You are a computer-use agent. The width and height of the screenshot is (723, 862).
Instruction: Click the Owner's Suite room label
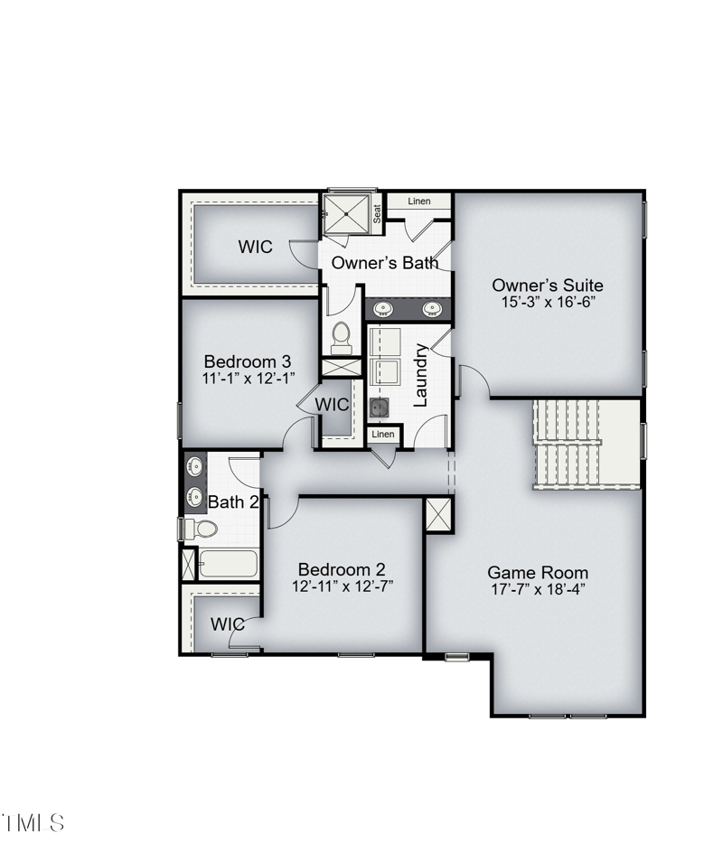[547, 286]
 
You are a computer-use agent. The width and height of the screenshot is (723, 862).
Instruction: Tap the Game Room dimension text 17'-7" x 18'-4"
[538, 589]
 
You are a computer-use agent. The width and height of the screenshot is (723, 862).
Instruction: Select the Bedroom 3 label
[248, 361]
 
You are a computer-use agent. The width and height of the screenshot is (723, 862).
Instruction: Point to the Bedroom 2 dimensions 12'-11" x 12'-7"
[343, 586]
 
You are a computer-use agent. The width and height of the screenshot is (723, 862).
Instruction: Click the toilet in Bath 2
[201, 529]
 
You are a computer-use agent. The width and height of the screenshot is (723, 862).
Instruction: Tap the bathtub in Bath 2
[228, 564]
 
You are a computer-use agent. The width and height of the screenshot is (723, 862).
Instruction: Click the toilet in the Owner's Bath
[342, 338]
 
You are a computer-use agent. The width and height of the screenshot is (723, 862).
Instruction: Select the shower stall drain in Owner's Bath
[346, 213]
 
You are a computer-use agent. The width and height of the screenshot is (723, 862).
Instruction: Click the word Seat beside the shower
[377, 214]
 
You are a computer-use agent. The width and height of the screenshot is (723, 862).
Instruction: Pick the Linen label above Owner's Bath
[419, 201]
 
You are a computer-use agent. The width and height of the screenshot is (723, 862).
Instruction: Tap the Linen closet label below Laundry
[383, 435]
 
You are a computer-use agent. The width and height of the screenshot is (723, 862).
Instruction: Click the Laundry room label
[420, 375]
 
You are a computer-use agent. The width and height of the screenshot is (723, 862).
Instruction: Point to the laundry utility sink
[379, 408]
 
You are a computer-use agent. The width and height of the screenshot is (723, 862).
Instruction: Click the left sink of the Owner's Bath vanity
[382, 309]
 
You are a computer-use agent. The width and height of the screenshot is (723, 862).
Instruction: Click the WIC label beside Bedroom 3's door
[332, 405]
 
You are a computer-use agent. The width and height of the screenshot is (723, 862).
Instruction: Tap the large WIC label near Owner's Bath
[255, 247]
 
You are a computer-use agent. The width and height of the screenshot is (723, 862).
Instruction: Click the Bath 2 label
[233, 501]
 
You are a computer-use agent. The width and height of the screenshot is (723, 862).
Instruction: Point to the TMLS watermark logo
[33, 823]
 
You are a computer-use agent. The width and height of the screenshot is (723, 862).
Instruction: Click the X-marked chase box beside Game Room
[438, 515]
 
